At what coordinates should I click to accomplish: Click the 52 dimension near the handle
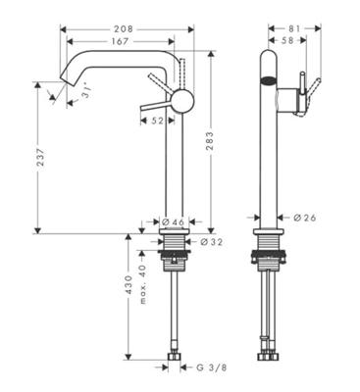coord(159,121)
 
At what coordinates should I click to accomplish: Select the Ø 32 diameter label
coord(209,241)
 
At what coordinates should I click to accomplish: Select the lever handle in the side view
coord(307,93)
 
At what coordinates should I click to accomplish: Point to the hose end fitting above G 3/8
coord(174,357)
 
